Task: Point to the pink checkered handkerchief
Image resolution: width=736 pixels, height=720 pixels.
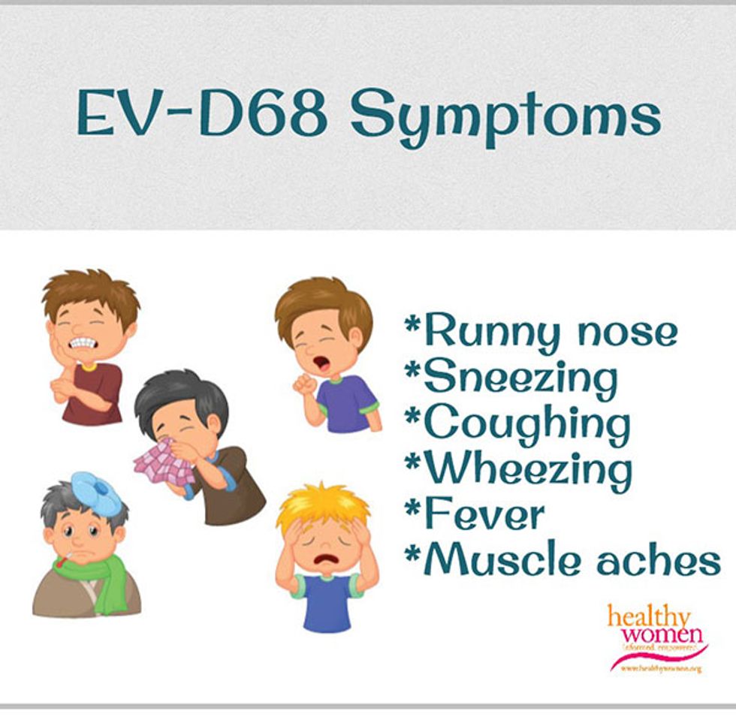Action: coord(161,462)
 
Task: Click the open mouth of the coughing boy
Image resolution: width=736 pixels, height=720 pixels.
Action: coord(321,363)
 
